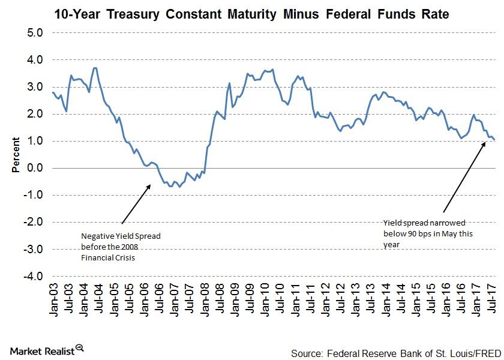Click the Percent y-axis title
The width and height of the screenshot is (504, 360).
tap(16, 155)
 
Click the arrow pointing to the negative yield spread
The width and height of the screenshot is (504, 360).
tap(136, 205)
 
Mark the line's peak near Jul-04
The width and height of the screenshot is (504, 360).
tap(95, 68)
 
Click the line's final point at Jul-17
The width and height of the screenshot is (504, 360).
tap(494, 140)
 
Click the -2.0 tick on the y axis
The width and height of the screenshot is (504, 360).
tap(34, 222)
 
